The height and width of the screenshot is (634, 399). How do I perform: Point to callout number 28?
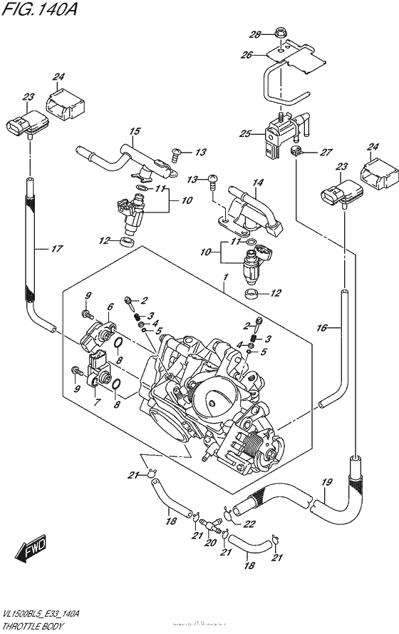pos(256,34)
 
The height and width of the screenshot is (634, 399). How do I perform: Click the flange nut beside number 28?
pos(280,34)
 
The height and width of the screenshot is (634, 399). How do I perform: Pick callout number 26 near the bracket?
pos(247,56)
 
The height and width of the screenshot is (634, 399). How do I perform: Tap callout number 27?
pos(327,152)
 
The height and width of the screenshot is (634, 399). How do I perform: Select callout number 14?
pos(257,183)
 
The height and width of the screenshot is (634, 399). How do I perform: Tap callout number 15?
pos(133,131)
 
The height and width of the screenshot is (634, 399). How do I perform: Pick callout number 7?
pos(97,403)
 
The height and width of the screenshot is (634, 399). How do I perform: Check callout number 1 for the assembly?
pos(225,275)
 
